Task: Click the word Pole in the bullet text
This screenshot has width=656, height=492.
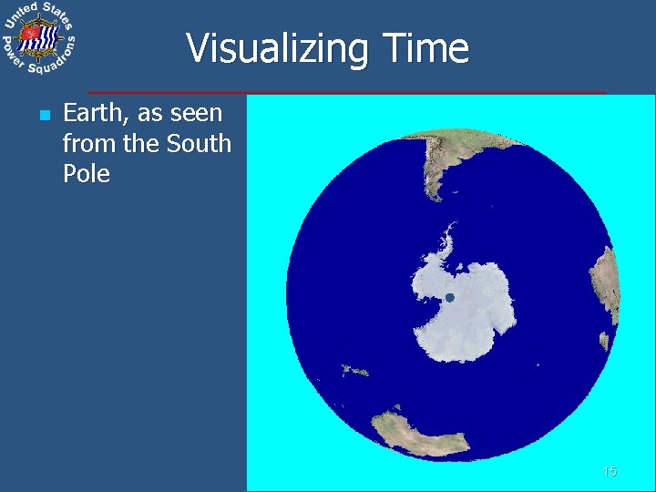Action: point(87,173)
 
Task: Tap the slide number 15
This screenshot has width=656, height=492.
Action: point(610,471)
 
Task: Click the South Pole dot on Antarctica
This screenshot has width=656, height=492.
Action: point(448,298)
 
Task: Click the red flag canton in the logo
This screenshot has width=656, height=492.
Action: point(30,34)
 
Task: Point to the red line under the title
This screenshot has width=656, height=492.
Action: point(346,93)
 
